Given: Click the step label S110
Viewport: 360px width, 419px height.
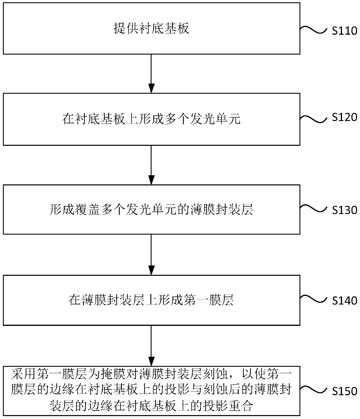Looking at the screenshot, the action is [344, 31].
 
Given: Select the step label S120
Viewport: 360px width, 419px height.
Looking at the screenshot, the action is [344, 117].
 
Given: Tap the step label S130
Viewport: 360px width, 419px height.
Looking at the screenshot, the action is [344, 210].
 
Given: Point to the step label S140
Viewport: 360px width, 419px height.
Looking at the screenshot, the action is [344, 300].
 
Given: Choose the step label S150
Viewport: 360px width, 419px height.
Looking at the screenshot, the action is [344, 391].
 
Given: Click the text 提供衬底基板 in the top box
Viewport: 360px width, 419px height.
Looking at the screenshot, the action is [151, 28].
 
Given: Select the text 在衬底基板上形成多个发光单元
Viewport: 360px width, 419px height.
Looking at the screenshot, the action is [151, 119].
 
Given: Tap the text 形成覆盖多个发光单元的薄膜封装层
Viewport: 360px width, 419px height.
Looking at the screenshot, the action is [151, 209].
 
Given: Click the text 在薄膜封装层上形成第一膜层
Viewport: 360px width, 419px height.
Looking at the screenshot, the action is [151, 300].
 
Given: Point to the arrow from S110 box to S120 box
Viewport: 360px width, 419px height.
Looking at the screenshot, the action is [151, 74].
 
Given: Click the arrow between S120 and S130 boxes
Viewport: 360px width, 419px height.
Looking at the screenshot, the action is [151, 165].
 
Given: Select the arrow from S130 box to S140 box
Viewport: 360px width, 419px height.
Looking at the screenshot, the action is [151, 254].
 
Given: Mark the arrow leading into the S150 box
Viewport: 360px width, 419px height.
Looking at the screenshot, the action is [151, 346].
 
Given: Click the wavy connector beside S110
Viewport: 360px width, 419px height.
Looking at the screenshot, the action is [314, 30].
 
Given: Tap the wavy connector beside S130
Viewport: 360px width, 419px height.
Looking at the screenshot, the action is [314, 208].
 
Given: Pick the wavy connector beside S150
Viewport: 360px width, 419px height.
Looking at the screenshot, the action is [314, 390].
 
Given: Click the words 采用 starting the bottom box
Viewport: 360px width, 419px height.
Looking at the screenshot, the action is [24, 374].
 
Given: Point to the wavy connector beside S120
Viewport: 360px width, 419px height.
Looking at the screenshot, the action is [314, 119].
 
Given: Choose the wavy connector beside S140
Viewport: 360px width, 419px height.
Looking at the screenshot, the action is [314, 299].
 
